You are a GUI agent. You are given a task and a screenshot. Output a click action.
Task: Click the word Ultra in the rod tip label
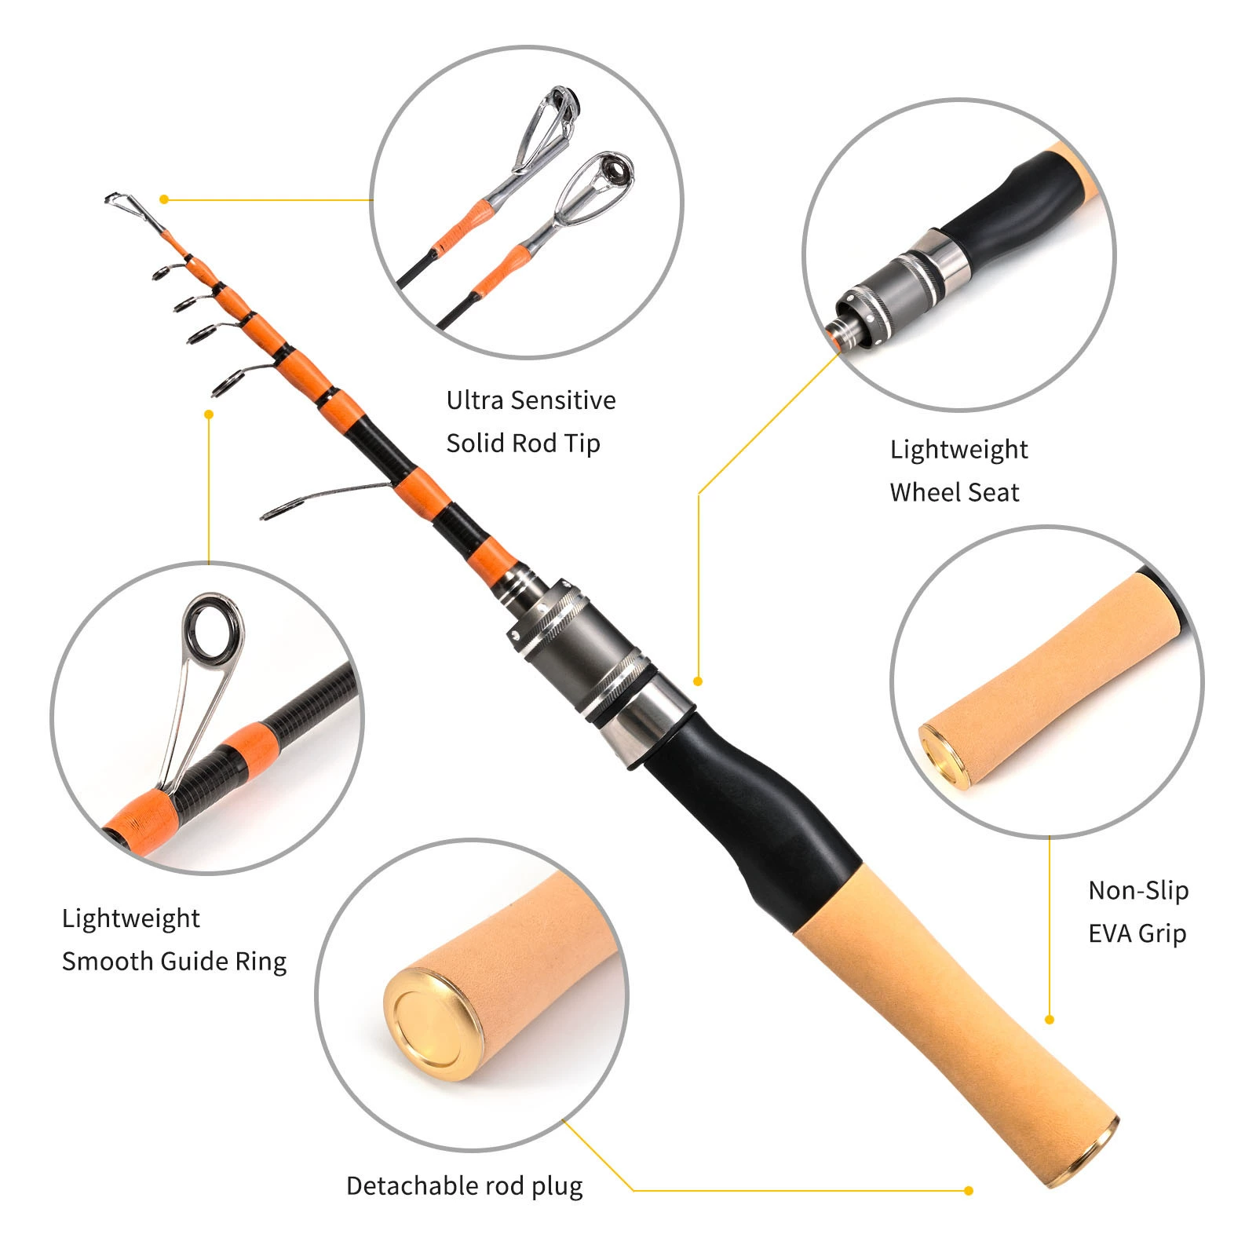click(475, 400)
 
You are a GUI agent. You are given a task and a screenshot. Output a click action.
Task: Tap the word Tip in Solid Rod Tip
click(582, 444)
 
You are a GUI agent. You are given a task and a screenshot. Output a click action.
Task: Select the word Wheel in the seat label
click(925, 492)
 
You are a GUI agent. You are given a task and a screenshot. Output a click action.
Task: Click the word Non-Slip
click(1138, 890)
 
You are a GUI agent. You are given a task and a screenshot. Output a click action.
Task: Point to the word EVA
click(1109, 933)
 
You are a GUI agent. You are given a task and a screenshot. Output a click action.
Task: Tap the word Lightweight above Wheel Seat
click(958, 449)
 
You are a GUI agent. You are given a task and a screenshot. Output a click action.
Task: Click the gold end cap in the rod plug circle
click(433, 1023)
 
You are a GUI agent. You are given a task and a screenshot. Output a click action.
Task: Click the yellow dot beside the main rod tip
click(164, 199)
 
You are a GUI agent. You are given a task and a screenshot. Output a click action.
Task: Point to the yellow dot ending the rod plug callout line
click(969, 1190)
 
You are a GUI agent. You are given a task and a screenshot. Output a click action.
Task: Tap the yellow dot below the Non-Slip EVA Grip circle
click(1050, 1020)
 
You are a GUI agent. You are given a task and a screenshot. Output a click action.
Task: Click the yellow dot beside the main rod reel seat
click(698, 681)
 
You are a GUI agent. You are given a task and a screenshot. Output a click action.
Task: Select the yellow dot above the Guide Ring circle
click(209, 414)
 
